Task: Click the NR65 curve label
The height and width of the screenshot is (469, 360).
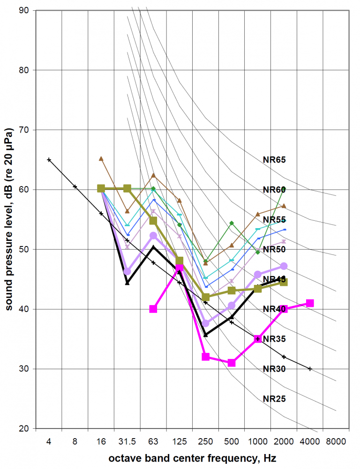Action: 274,160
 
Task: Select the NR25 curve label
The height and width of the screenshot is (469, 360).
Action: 274,399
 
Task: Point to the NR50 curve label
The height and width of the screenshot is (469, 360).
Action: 274,249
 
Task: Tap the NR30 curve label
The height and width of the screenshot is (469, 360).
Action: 274,369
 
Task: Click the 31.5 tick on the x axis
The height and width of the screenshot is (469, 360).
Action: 127,442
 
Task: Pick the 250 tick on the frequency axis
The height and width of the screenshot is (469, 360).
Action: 205,442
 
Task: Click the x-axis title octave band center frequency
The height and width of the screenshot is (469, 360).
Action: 192,458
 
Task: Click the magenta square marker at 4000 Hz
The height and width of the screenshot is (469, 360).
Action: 309,303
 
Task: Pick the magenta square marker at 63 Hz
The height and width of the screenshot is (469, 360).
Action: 153,309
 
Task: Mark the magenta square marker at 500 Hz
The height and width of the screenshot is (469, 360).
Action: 231,363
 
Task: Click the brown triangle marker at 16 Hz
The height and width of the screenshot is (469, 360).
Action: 101,159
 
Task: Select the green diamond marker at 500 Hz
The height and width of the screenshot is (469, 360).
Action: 231,223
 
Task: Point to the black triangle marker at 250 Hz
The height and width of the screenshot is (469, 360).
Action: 205,335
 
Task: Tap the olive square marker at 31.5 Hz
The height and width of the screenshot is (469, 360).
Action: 127,188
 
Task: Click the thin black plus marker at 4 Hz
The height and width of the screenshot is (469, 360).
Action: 49,160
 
